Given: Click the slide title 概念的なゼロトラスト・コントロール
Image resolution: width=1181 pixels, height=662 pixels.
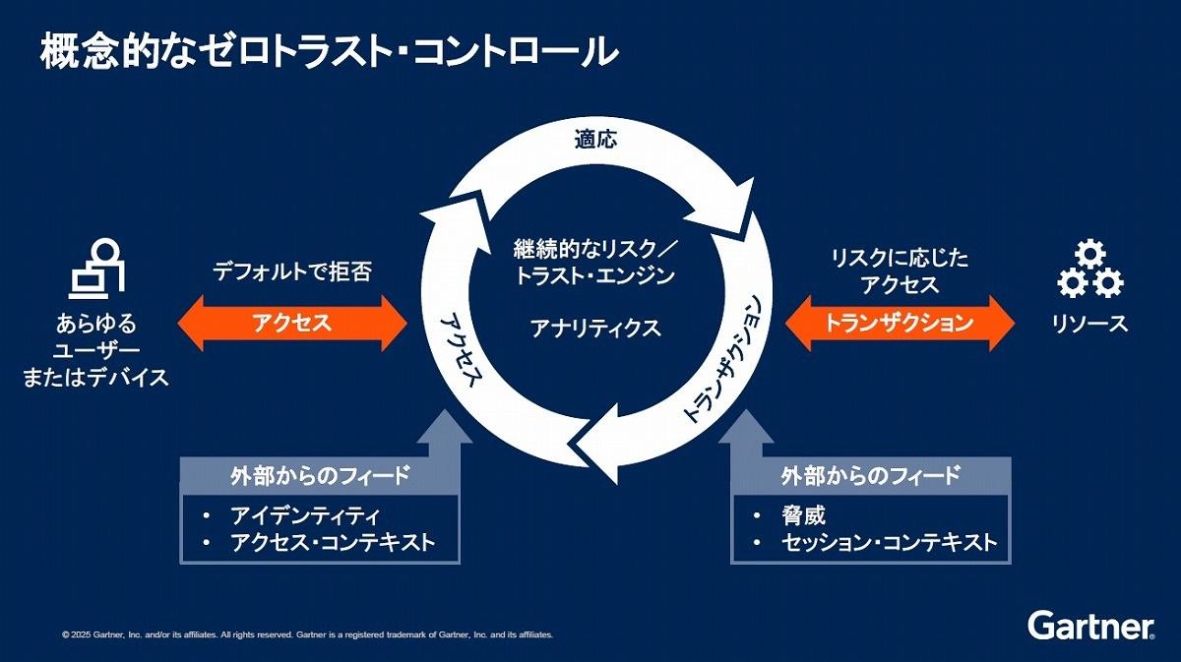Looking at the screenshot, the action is (x=329, y=51).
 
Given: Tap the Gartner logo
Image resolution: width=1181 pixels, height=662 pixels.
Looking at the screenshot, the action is (x=1090, y=626).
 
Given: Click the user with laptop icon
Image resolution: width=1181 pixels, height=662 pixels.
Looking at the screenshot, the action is (x=97, y=269).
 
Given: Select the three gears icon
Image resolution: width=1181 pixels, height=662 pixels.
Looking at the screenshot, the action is (x=1090, y=269).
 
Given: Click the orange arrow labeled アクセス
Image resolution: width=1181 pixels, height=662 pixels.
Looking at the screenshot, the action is (x=292, y=323).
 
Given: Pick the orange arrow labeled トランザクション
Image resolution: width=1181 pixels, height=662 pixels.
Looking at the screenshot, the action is (x=900, y=323).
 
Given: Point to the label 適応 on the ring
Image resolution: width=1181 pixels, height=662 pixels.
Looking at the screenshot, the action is (x=595, y=140).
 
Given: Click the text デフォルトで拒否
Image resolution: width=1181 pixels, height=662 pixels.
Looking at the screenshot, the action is (x=292, y=271).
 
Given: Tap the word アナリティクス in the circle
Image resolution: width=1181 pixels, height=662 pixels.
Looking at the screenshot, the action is (x=595, y=329).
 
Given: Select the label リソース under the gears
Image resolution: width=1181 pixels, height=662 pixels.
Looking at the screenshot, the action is (x=1089, y=324).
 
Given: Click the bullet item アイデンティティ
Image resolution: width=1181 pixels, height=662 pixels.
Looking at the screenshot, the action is (x=305, y=515).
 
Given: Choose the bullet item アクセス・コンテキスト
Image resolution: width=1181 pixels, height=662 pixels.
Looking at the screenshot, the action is (x=333, y=542).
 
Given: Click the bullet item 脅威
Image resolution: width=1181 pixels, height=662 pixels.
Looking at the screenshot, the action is (x=803, y=515).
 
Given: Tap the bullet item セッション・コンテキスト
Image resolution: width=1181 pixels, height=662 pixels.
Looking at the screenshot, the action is (x=890, y=542).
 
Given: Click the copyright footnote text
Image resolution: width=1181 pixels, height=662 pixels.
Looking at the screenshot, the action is (x=307, y=634).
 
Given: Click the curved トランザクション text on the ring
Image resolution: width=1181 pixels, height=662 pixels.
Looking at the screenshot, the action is (x=722, y=359).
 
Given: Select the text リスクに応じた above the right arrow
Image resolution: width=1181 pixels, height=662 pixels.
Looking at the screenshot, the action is (x=900, y=259).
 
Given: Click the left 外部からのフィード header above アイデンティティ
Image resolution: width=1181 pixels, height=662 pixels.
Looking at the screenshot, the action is (x=320, y=476).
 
